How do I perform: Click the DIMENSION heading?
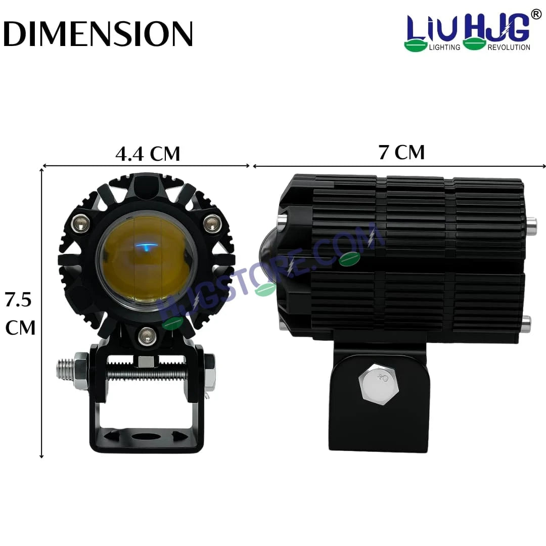coord(98,34)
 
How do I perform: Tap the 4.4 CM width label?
coord(148,154)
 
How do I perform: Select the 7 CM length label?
coord(402,152)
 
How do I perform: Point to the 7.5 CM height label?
coord(20,314)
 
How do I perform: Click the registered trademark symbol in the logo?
coord(536,15)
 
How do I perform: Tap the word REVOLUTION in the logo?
coord(509,47)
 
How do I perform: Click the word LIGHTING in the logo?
coord(444,47)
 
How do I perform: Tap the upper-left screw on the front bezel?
coord(81,221)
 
